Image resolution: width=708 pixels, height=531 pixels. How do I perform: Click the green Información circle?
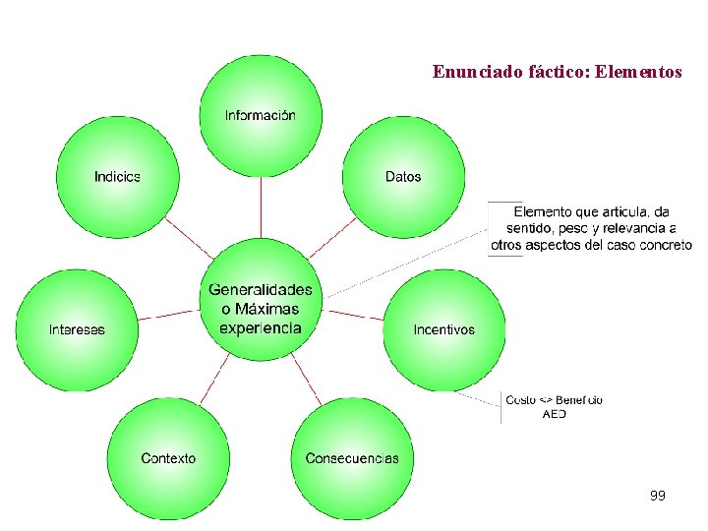click(x=260, y=115)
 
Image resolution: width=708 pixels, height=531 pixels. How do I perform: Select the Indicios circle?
click(x=118, y=177)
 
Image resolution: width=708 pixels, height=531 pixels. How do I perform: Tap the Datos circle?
click(x=403, y=177)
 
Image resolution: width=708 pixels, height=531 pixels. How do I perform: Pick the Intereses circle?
click(x=77, y=329)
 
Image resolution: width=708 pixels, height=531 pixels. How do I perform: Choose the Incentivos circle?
click(x=443, y=329)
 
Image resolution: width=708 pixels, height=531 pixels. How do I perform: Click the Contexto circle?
click(x=168, y=458)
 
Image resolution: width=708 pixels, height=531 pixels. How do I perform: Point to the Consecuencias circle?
click(x=352, y=458)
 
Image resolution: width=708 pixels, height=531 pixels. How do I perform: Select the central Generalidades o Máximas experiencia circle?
click(x=261, y=309)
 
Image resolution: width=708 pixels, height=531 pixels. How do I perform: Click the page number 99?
click(x=657, y=496)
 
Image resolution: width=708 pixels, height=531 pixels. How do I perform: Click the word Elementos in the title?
click(x=638, y=72)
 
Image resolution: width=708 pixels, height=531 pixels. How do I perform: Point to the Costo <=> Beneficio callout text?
click(x=554, y=399)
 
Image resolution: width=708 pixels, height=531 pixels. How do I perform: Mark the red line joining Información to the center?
click(x=261, y=207)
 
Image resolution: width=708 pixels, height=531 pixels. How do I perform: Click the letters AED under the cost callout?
click(x=554, y=414)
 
